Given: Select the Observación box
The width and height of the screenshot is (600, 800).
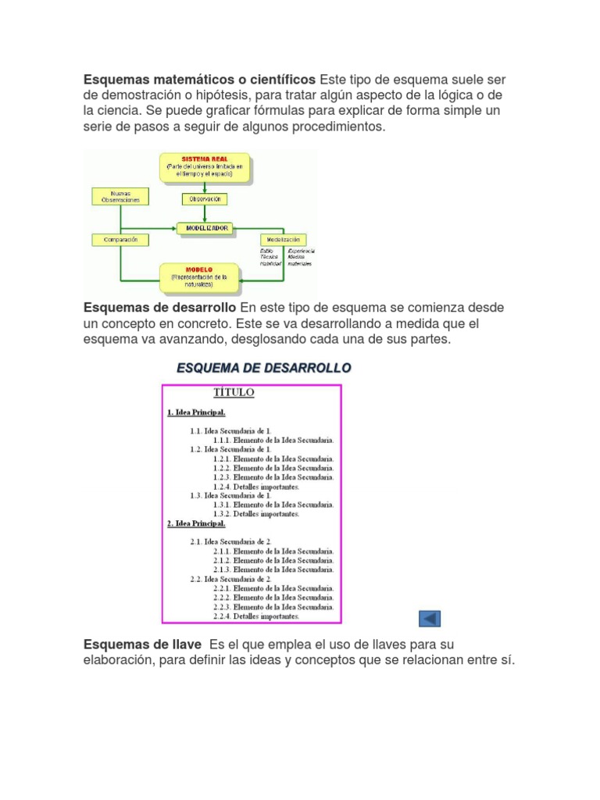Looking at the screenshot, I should pyautogui.click(x=205, y=199).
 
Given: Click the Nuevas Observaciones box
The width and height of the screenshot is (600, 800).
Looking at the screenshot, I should pyautogui.click(x=120, y=196).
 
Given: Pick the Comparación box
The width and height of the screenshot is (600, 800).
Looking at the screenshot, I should pyautogui.click(x=120, y=239).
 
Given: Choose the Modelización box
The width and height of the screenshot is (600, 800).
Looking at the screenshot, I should pyautogui.click(x=283, y=239).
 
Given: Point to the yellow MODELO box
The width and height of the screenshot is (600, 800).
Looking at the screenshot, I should pyautogui.click(x=205, y=276).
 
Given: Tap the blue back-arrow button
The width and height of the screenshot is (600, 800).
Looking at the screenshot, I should pyautogui.click(x=430, y=619).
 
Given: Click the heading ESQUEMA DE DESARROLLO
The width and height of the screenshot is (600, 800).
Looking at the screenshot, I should pyautogui.click(x=264, y=368).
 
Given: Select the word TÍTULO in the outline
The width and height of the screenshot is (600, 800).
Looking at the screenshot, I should pyautogui.click(x=234, y=394).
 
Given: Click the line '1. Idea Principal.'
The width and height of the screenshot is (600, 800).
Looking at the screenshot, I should pyautogui.click(x=196, y=412).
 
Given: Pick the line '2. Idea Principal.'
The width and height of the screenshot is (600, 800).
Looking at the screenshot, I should pyautogui.click(x=196, y=523).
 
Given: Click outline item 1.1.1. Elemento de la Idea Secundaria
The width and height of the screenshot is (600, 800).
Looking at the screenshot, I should pyautogui.click(x=273, y=440).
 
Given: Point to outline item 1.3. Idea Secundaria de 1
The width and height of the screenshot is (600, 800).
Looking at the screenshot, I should pyautogui.click(x=230, y=495).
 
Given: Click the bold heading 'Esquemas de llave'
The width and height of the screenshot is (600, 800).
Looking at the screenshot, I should pyautogui.click(x=141, y=645).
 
